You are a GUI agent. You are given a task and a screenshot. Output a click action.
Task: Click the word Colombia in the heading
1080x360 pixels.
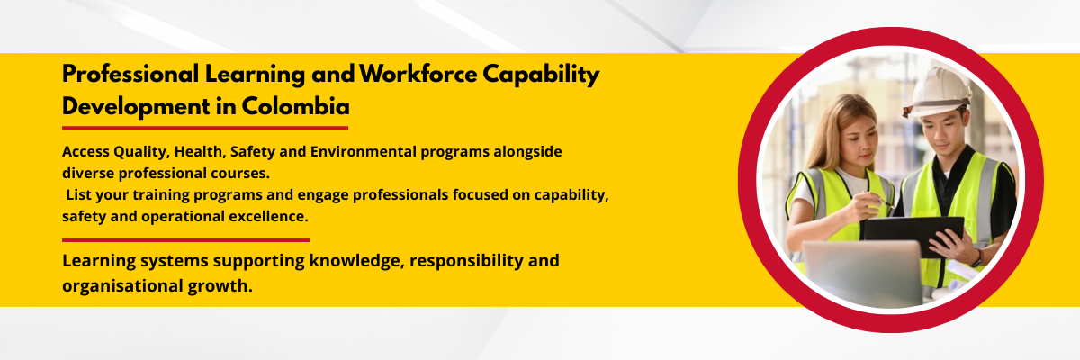(295, 106)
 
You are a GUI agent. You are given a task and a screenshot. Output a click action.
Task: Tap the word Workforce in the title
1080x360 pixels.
(418, 74)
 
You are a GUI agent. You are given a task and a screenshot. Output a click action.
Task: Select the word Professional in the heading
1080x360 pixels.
(130, 74)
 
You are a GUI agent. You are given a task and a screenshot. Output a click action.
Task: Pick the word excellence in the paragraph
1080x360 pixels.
(268, 216)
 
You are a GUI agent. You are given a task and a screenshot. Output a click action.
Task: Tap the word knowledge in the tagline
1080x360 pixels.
(356, 261)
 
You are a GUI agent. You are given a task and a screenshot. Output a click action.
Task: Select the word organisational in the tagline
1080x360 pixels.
(122, 286)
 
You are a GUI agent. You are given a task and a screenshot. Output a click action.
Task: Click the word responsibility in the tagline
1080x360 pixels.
(466, 261)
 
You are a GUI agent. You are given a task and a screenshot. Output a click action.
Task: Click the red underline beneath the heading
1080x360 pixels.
(205, 128)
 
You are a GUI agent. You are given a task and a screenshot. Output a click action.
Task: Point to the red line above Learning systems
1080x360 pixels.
(185, 240)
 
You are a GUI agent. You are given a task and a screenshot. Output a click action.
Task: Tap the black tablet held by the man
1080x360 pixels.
(913, 235)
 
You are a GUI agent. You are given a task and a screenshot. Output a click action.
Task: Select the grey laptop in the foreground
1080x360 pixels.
(862, 273)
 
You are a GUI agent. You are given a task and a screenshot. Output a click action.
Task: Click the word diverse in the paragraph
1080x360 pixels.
(88, 173)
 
